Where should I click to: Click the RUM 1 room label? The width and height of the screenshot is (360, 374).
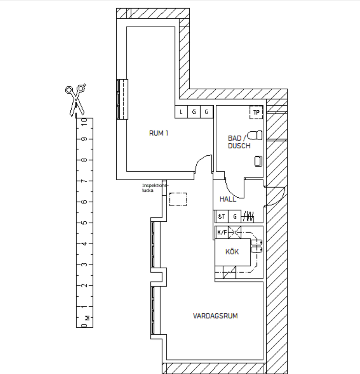158,133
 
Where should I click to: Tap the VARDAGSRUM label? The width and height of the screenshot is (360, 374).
215,316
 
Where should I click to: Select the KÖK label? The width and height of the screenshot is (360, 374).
232,252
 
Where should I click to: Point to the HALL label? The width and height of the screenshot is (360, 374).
228,199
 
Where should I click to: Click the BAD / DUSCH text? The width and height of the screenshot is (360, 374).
239,142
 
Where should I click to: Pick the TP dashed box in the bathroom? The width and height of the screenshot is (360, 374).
256,112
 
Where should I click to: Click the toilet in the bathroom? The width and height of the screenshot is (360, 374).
255,135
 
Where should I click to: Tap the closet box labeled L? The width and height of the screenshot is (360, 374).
181,112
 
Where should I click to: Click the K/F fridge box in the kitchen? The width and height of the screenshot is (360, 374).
222,232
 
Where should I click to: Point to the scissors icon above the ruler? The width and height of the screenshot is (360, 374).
76,101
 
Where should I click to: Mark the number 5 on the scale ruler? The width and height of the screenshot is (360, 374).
84,223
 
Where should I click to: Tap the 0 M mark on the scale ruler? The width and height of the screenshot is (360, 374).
85,322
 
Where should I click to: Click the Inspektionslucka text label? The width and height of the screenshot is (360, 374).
155,188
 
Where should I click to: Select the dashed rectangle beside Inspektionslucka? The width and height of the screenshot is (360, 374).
178,199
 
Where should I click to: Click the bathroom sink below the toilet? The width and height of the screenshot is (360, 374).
258,161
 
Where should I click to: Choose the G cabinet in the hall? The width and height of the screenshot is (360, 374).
235,217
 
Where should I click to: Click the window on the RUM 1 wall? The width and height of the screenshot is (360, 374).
122,99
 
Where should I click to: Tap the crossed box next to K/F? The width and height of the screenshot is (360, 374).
235,232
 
